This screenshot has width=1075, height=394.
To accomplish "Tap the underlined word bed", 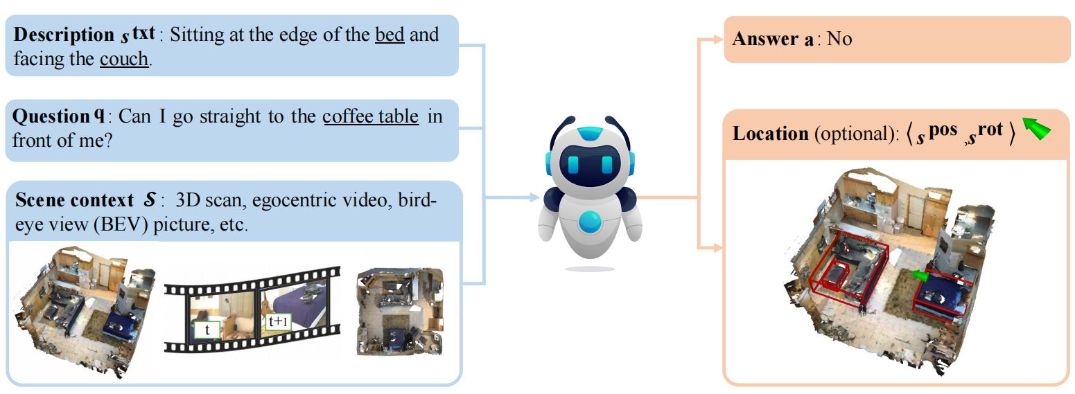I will pos(390,35).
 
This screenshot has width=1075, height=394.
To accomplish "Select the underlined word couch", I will pos(123,59).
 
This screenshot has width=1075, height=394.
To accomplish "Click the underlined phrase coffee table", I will pos(371,116).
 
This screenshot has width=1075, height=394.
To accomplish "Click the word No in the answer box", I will pos(839,39).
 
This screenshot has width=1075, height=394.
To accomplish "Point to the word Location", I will pos(770,133).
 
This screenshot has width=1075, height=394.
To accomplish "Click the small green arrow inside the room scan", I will pos(919,276).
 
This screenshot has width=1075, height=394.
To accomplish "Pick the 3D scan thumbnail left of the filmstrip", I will pos(83,312).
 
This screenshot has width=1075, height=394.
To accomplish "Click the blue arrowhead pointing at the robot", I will pos(534,198).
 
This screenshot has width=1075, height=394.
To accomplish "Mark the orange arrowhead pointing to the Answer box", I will pos(718,39).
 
